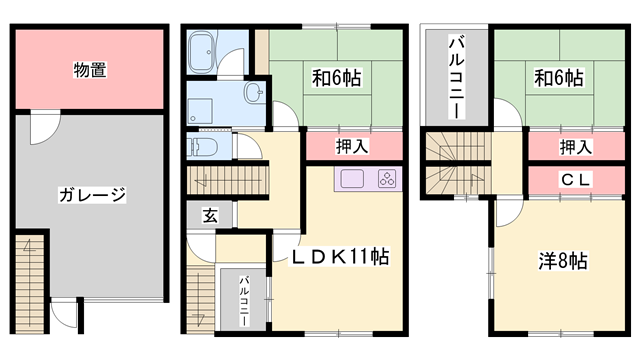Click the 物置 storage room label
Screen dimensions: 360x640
pos(91,70)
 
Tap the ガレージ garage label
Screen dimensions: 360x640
pos(91,194)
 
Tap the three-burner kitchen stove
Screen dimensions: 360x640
pos(386,179)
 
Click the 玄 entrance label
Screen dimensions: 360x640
pos(212,214)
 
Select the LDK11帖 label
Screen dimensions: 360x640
pos(339,257)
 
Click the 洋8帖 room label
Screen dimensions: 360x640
pos(563,262)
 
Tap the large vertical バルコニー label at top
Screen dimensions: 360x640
pos(455,77)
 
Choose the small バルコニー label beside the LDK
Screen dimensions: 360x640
pos(243,297)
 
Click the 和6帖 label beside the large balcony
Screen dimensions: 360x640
pos(559,77)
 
